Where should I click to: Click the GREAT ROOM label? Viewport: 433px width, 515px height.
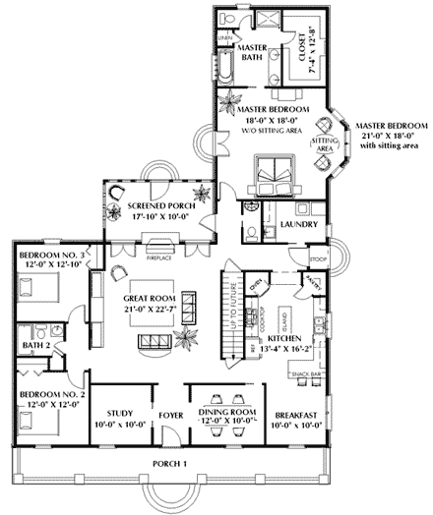click(150, 297)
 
